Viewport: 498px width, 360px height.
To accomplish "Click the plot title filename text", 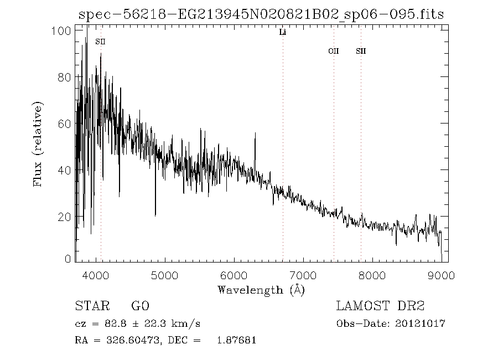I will (x=261, y=14).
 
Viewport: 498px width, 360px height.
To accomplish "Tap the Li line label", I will (x=283, y=33).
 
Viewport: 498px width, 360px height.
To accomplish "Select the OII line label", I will (x=333, y=51).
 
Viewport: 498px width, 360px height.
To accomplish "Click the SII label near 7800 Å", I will (x=361, y=51).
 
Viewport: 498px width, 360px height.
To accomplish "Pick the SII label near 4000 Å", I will (x=100, y=42).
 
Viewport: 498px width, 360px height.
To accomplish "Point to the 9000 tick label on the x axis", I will (x=441, y=275).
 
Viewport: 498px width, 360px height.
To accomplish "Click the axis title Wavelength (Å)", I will (x=261, y=290).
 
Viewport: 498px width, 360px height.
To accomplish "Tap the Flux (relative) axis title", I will (x=38, y=144).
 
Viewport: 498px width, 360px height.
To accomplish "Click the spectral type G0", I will (x=140, y=306).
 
